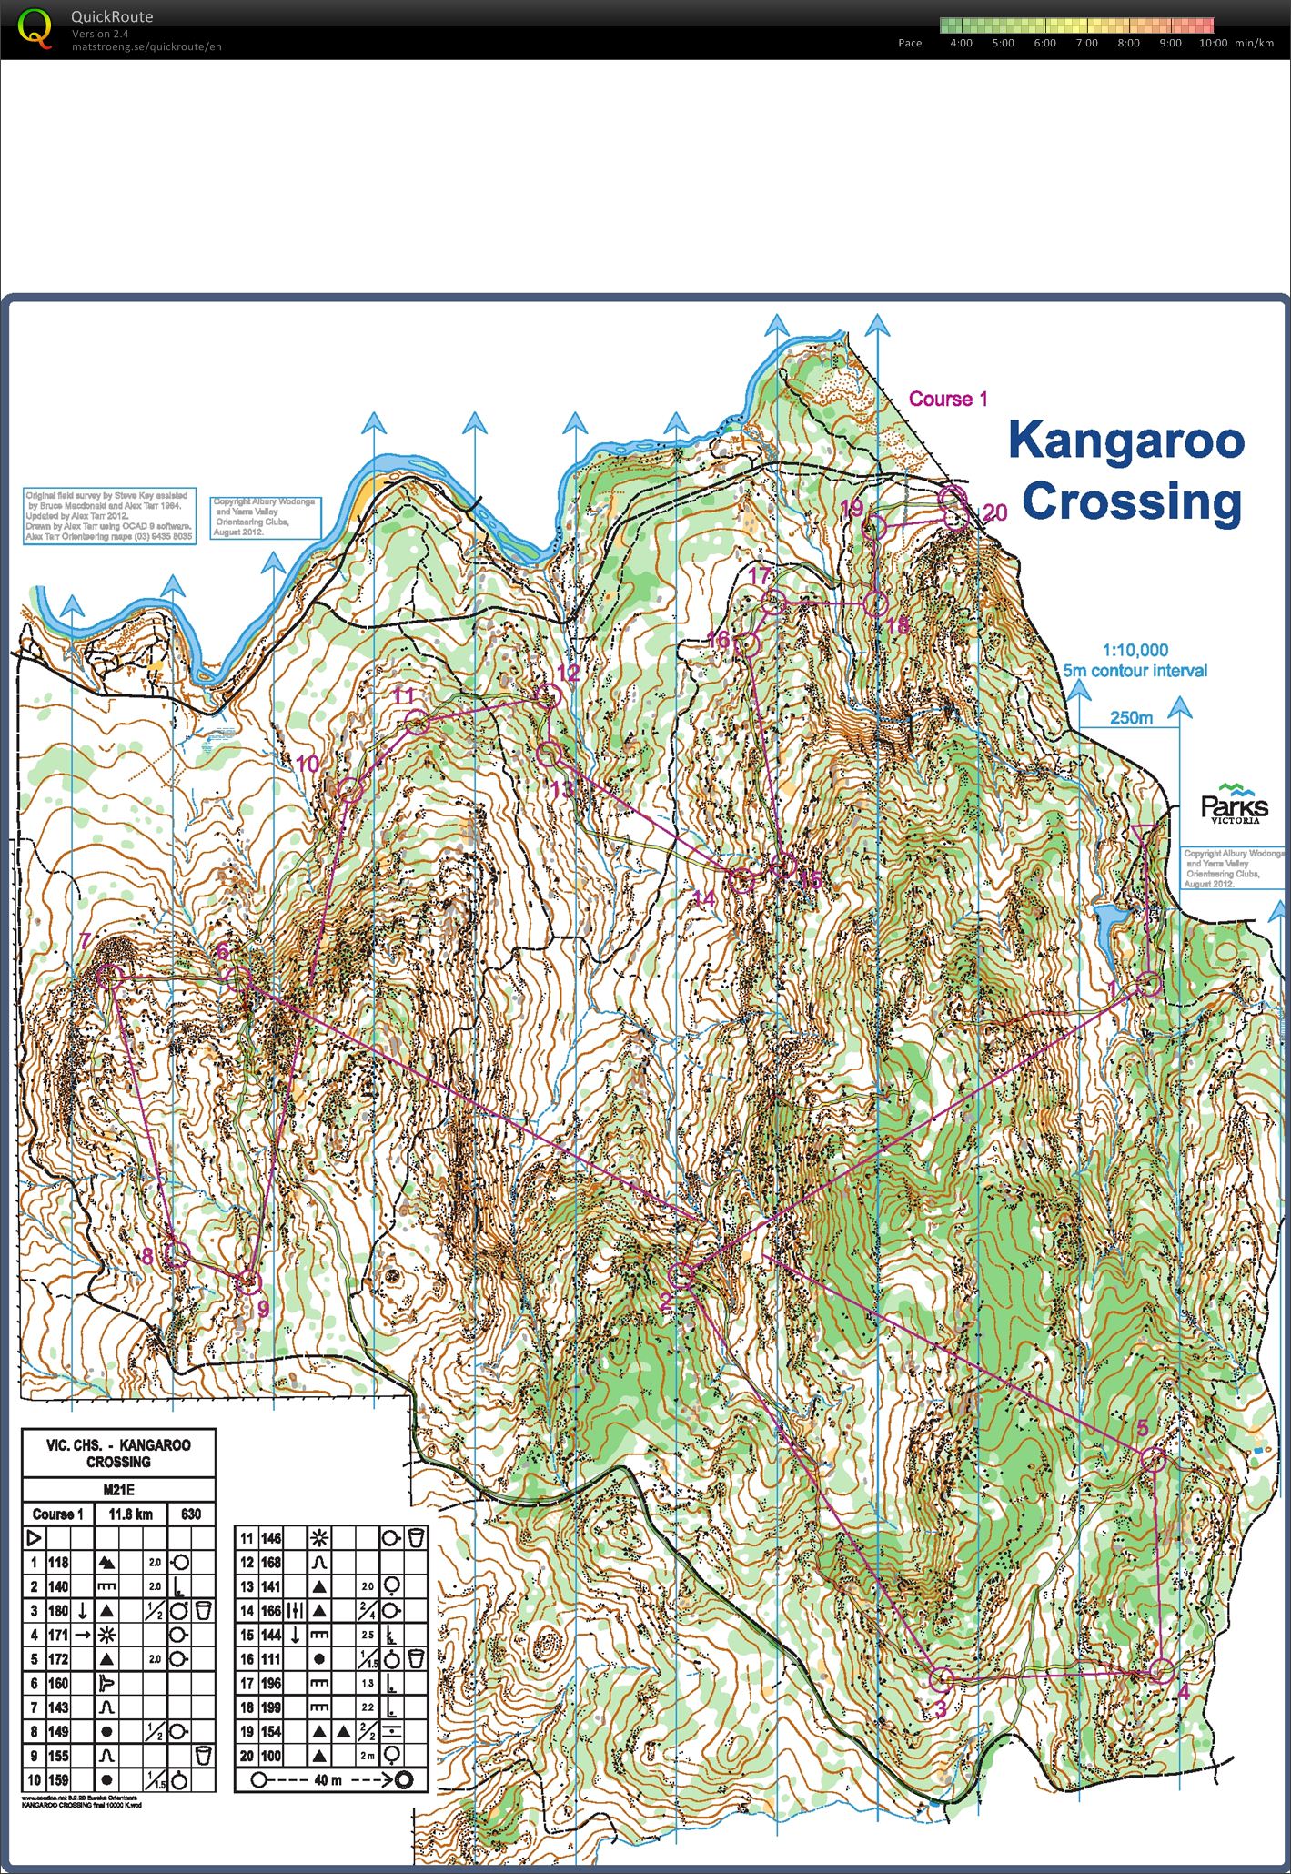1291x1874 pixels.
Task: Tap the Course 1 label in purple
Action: pyautogui.click(x=948, y=399)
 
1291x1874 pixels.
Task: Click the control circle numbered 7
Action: pyautogui.click(x=109, y=976)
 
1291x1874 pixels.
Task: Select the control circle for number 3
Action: pyautogui.click(x=943, y=1678)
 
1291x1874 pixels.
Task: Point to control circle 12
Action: pyautogui.click(x=547, y=698)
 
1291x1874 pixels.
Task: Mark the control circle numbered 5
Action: pyautogui.click(x=1153, y=1460)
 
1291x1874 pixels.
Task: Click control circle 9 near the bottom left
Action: pyautogui.click(x=248, y=1282)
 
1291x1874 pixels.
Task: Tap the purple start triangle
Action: pyautogui.click(x=1145, y=833)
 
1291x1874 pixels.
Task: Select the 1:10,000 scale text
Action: pyautogui.click(x=1135, y=650)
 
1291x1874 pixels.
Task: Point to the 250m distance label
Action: pyautogui.click(x=1130, y=717)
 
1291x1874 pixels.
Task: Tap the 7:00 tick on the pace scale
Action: pyautogui.click(x=1086, y=43)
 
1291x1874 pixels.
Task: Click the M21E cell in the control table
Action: pyautogui.click(x=118, y=1490)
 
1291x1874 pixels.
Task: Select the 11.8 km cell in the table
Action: pyautogui.click(x=131, y=1514)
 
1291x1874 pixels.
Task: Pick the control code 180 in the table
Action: pyautogui.click(x=58, y=1611)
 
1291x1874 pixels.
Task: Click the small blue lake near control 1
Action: pyautogui.click(x=1112, y=927)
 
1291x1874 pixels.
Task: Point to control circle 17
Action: pyautogui.click(x=773, y=602)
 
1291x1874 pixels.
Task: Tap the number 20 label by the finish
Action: pyautogui.click(x=994, y=512)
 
